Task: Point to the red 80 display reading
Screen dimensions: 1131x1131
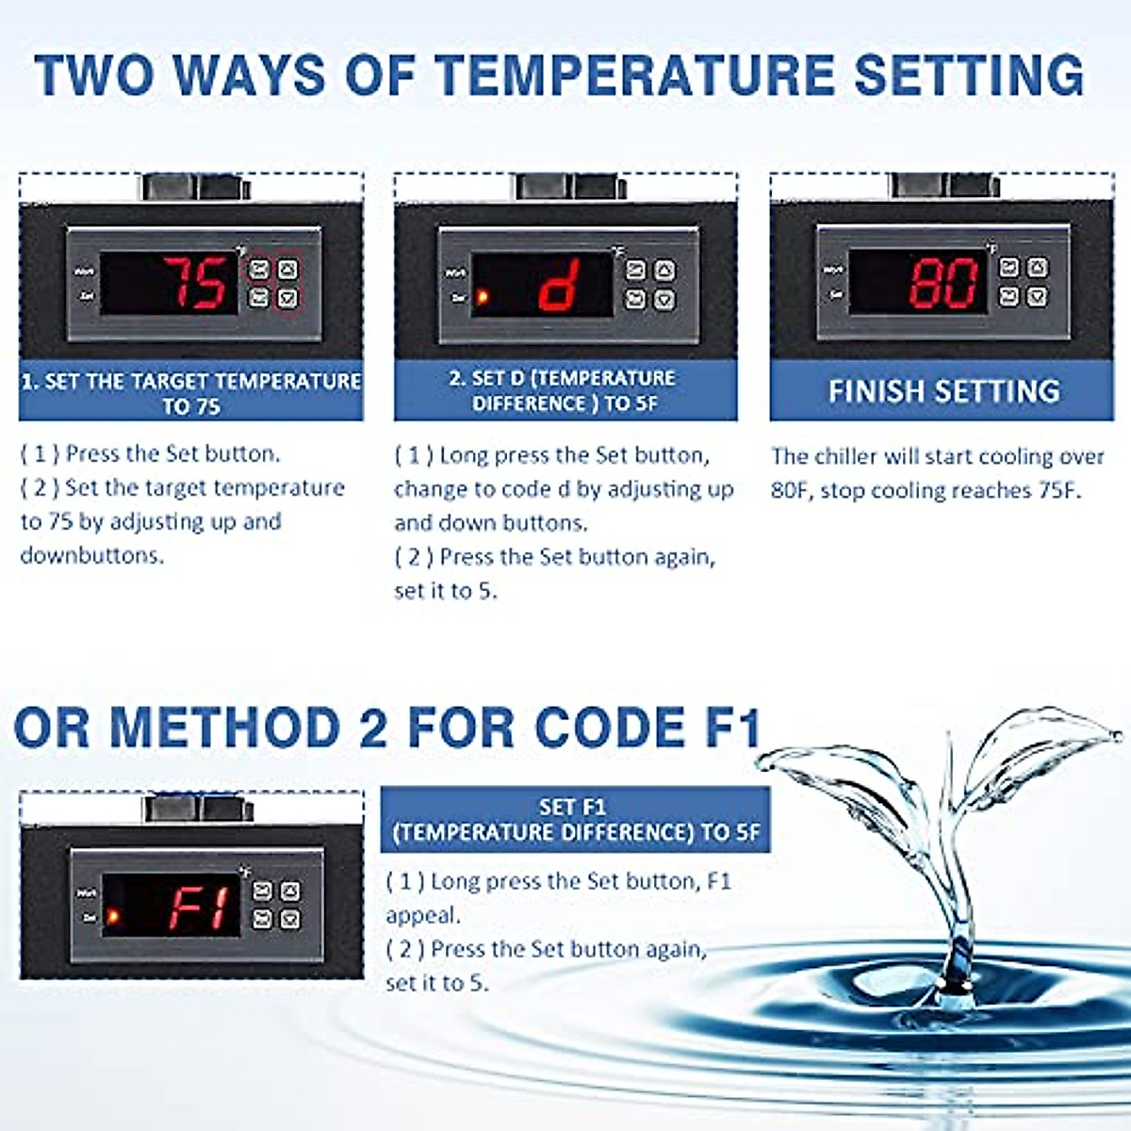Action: pyautogui.click(x=943, y=283)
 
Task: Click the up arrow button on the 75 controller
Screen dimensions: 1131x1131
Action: pyautogui.click(x=287, y=270)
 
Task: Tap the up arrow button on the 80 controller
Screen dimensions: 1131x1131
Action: pyautogui.click(x=1038, y=269)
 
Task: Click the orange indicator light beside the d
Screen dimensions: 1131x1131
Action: pyautogui.click(x=483, y=298)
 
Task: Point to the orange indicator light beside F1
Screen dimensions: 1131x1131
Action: pyautogui.click(x=113, y=916)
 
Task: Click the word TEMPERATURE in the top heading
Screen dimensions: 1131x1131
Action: pyautogui.click(x=627, y=75)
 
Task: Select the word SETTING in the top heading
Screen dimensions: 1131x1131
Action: pyautogui.click(x=970, y=75)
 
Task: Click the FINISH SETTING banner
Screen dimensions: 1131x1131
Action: pyautogui.click(x=942, y=390)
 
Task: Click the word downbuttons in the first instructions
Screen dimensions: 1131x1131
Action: pyautogui.click(x=92, y=555)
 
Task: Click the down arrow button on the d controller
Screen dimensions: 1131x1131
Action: pyautogui.click(x=664, y=300)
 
